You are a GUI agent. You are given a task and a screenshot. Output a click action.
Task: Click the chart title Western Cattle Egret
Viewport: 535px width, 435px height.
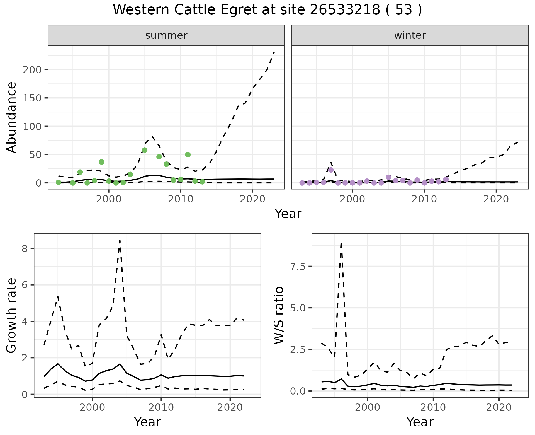tap(267, 10)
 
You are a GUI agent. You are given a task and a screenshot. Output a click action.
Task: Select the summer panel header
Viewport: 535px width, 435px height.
tap(166, 35)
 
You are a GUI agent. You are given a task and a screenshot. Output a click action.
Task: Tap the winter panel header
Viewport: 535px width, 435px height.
tap(410, 35)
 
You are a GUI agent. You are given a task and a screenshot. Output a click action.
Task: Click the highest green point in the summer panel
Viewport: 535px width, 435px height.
tap(145, 150)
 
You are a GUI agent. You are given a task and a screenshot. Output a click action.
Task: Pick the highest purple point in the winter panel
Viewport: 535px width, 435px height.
tap(331, 170)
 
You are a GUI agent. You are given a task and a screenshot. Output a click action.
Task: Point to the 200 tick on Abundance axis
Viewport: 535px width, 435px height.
tap(32, 70)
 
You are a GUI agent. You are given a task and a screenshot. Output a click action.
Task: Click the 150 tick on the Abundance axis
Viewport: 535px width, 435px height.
tap(32, 98)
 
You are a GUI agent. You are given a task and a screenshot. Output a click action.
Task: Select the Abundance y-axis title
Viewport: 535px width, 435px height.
tap(12, 117)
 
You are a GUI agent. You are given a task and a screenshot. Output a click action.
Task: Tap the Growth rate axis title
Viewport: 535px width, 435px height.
tap(12, 315)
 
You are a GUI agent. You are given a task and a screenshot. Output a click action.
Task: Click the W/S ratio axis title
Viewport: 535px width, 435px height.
tap(279, 315)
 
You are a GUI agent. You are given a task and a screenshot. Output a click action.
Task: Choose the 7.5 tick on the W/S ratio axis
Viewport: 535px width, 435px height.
tap(298, 267)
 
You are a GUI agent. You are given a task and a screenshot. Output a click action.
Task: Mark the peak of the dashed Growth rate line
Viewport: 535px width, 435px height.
tap(120, 240)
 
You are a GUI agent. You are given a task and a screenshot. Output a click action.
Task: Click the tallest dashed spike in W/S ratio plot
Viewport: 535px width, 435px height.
tap(341, 243)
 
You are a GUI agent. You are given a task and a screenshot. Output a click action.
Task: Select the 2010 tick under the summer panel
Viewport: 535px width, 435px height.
tap(181, 199)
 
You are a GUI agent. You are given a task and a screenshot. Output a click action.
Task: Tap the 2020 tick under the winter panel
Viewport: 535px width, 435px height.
tap(496, 199)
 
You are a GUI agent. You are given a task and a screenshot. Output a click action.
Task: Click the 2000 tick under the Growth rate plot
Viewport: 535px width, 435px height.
tap(92, 407)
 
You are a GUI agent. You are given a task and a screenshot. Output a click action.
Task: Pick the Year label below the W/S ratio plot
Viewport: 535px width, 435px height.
tap(420, 422)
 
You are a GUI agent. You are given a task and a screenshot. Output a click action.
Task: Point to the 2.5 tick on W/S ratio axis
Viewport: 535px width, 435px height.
tap(298, 350)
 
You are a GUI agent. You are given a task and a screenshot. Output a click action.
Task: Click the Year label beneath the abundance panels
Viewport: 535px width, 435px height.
tap(288, 214)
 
